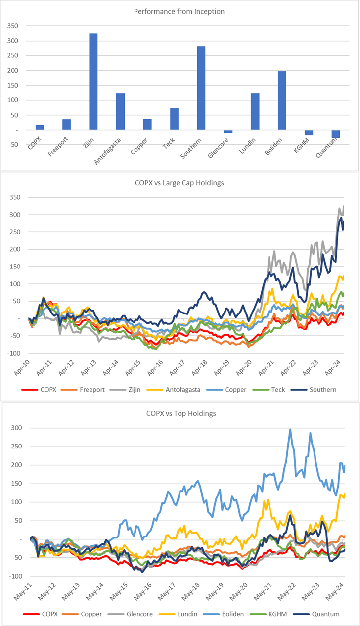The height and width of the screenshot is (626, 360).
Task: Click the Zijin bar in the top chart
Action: [93, 82]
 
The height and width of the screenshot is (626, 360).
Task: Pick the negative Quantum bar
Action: [336, 134]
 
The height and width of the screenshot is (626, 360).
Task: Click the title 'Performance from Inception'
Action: [180, 10]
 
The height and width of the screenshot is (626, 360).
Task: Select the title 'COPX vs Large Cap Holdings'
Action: [180, 183]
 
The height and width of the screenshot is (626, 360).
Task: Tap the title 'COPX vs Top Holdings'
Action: [180, 413]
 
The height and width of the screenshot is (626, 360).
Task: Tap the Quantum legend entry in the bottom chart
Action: [324, 614]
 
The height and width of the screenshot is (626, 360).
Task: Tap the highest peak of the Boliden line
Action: [290, 429]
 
